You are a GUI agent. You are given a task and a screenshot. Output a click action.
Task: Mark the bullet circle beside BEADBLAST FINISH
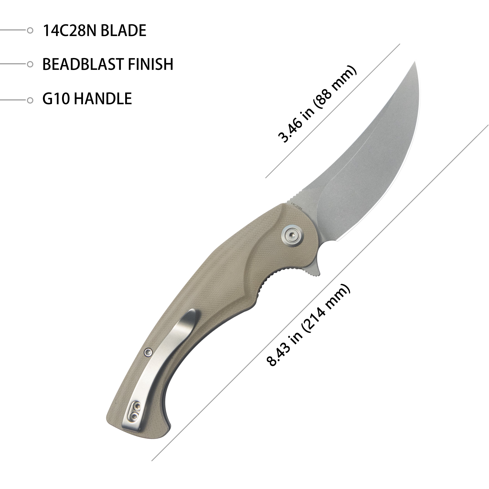pyautogui.click(x=30, y=64)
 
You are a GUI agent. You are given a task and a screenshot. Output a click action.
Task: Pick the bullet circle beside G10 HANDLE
pyautogui.click(x=30, y=100)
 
